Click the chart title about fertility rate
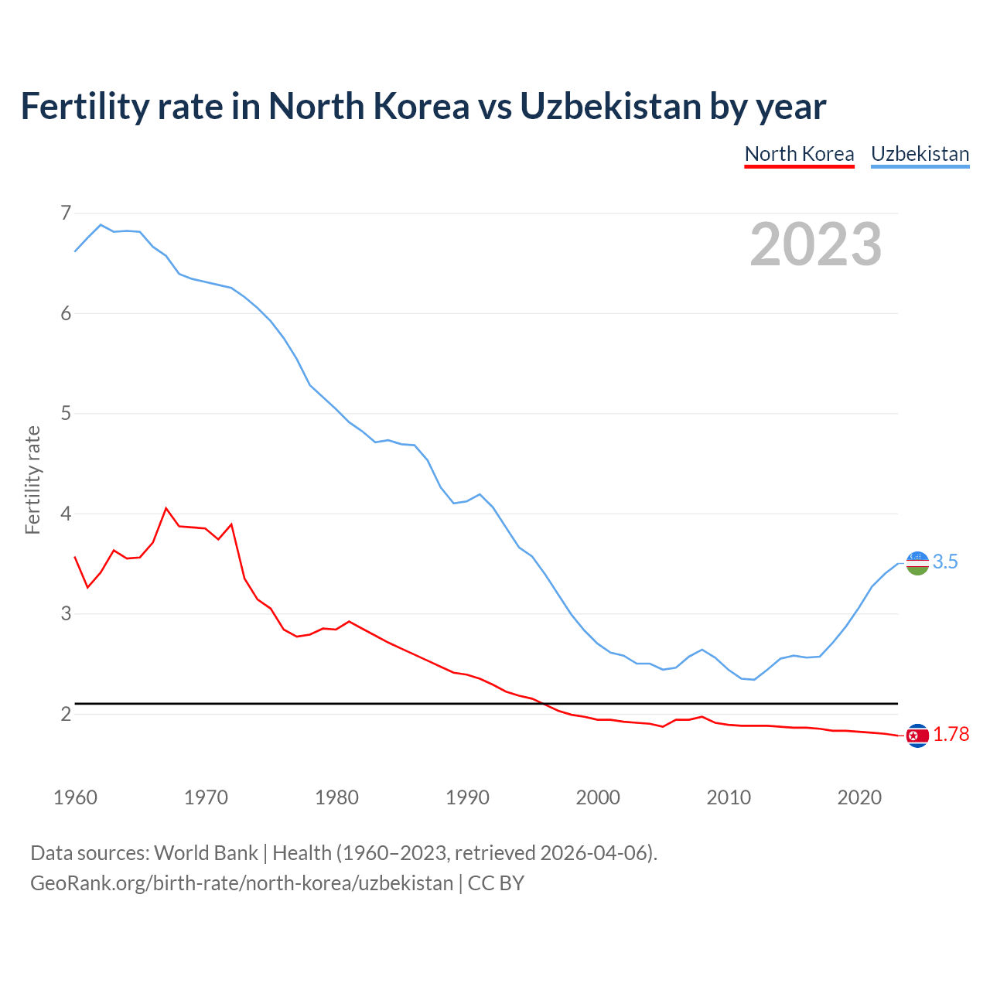click(x=423, y=107)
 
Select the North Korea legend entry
click(x=799, y=154)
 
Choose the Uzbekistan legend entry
click(x=920, y=154)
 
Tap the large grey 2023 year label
click(x=815, y=244)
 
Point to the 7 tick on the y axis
click(x=66, y=213)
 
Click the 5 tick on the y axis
click(x=66, y=413)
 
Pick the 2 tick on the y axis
click(x=66, y=714)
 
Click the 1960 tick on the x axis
click(x=75, y=797)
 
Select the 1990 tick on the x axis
click(x=467, y=797)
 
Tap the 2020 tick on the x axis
click(x=859, y=797)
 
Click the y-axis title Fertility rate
click(x=32, y=480)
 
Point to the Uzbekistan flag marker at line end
click(x=917, y=563)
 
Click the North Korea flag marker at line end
click(x=917, y=736)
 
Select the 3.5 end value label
click(x=945, y=562)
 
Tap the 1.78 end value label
click(x=951, y=735)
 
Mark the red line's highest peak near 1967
click(x=166, y=508)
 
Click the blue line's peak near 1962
click(x=101, y=225)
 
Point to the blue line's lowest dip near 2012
click(x=754, y=679)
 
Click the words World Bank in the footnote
click(x=206, y=853)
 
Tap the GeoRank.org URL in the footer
click(x=241, y=883)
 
